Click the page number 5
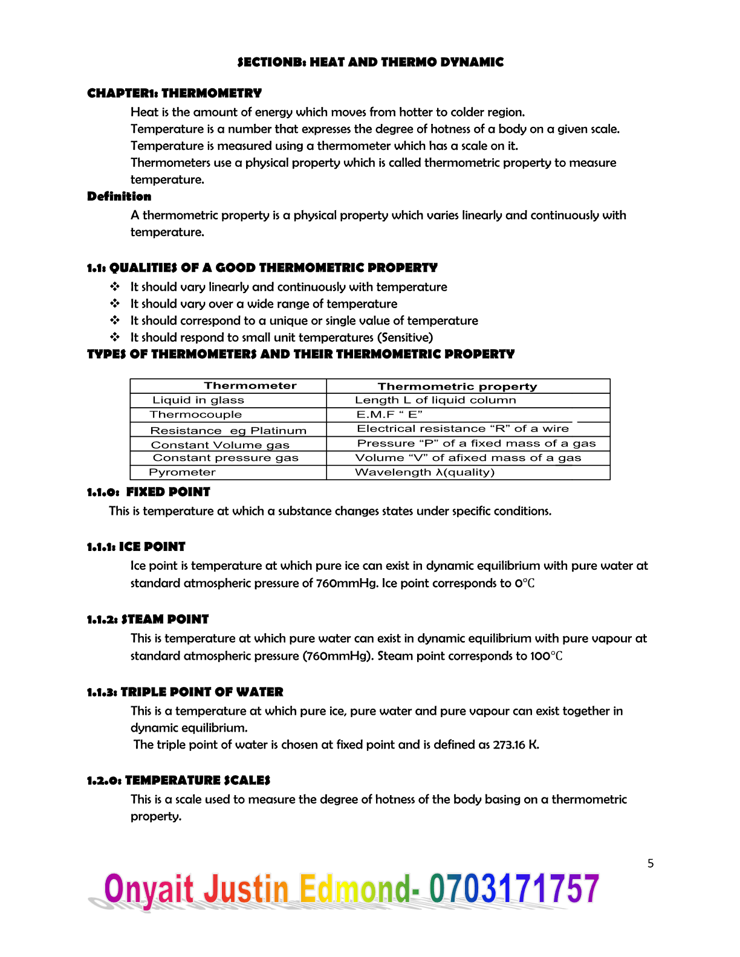(x=651, y=863)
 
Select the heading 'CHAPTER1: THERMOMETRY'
(x=174, y=93)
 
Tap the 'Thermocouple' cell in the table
(x=196, y=414)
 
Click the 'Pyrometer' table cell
(x=182, y=472)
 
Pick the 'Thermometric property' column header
(x=457, y=386)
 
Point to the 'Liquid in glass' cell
(x=198, y=400)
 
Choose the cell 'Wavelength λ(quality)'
(x=424, y=472)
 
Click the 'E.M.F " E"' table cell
(x=389, y=414)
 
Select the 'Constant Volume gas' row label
(x=220, y=445)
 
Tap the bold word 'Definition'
(x=119, y=196)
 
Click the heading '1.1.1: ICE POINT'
(x=136, y=547)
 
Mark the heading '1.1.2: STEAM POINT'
(x=148, y=619)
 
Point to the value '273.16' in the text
(x=509, y=745)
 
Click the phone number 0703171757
(x=514, y=889)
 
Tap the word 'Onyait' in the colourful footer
(x=149, y=889)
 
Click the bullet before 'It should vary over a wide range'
(x=115, y=303)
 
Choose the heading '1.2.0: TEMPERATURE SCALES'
(x=178, y=781)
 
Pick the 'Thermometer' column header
(x=250, y=385)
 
